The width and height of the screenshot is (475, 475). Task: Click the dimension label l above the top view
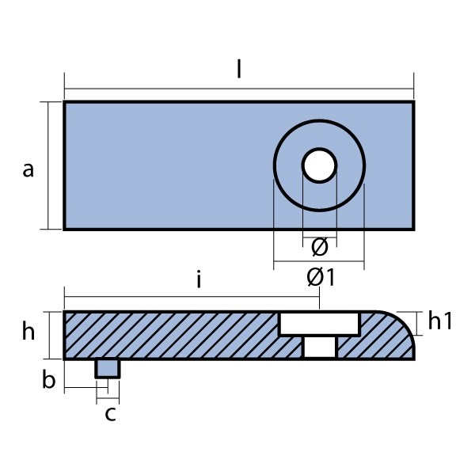239,69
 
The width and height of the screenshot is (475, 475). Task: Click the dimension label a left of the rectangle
28,169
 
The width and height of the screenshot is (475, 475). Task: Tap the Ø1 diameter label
320,278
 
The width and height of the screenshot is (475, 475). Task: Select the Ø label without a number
319,247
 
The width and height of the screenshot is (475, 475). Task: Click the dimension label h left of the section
28,332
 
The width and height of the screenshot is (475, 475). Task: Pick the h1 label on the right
439,321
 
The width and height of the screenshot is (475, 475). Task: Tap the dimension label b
49,380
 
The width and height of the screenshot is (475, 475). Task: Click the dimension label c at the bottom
110,412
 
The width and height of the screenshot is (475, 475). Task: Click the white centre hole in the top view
319,165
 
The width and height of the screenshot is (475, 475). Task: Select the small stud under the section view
107,368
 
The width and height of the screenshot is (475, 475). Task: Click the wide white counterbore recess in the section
319,323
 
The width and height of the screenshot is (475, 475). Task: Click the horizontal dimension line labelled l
158,87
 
